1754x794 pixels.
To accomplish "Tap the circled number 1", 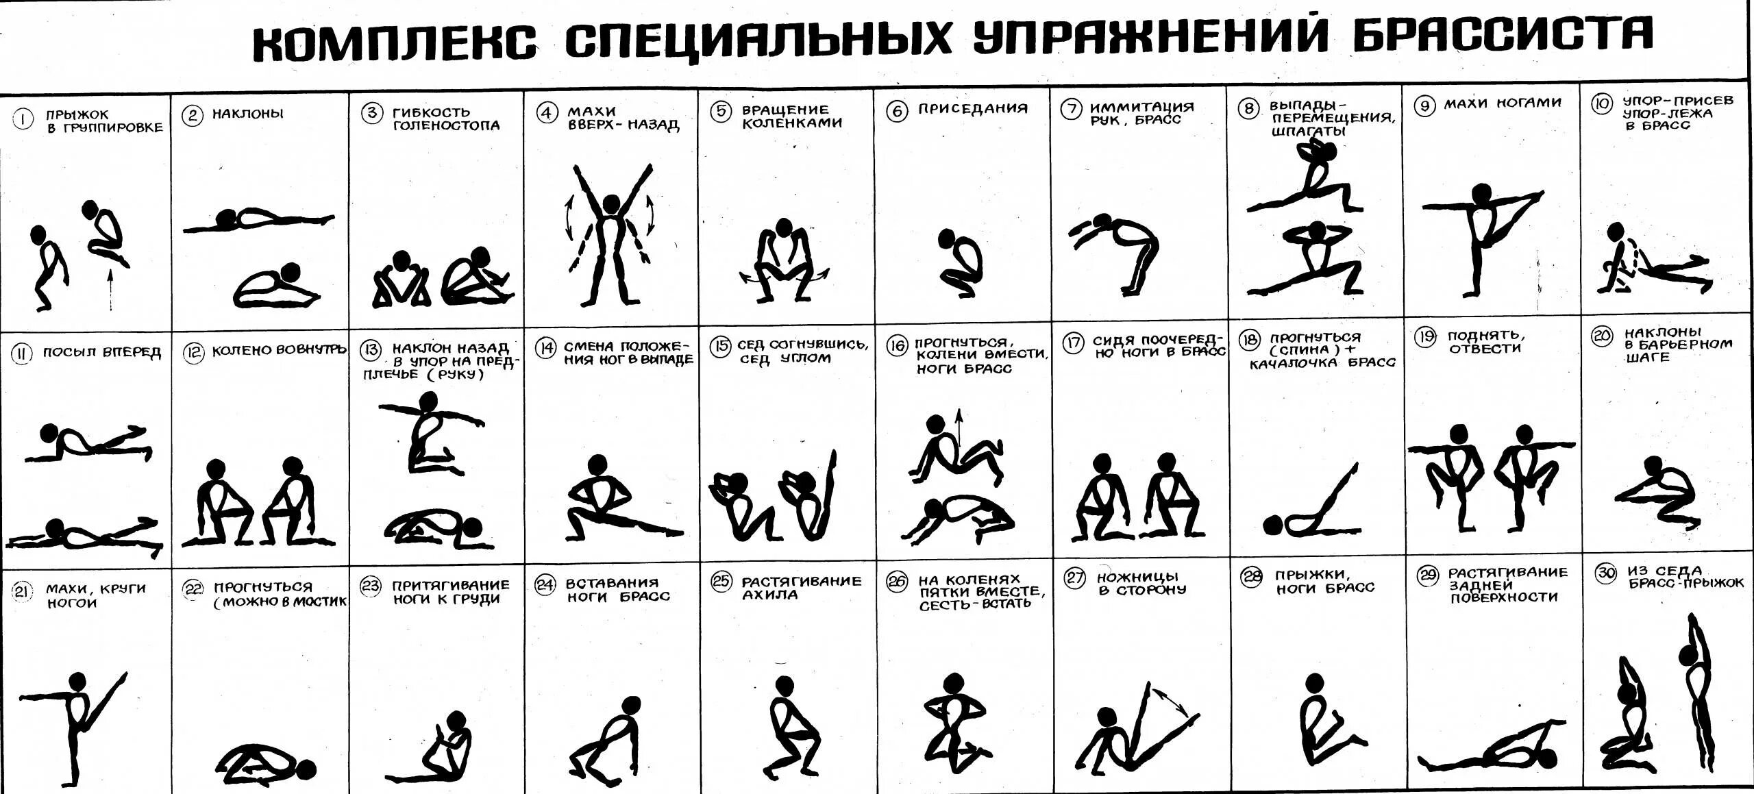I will [x=23, y=120].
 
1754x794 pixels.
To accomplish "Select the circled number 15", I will [x=720, y=347].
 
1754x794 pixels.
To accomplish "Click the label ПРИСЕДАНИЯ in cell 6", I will [x=973, y=109].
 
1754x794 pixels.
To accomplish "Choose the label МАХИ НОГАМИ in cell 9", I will [x=1503, y=103].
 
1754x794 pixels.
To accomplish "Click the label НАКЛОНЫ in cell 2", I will [x=247, y=114].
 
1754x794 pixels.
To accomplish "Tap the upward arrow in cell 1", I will [x=109, y=290].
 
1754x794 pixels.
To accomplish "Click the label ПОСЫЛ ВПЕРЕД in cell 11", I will [x=101, y=353].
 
